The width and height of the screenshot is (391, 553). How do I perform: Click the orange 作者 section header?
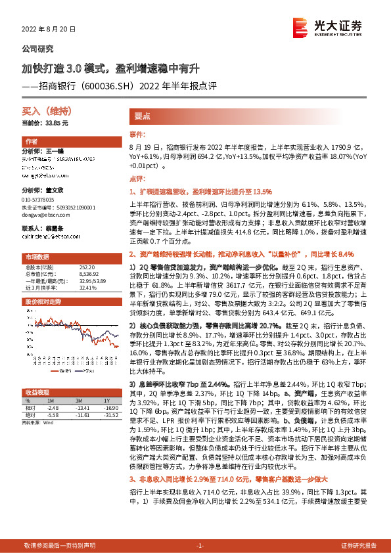tap(32, 141)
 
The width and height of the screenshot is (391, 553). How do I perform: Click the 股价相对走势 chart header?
tap(42, 301)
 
